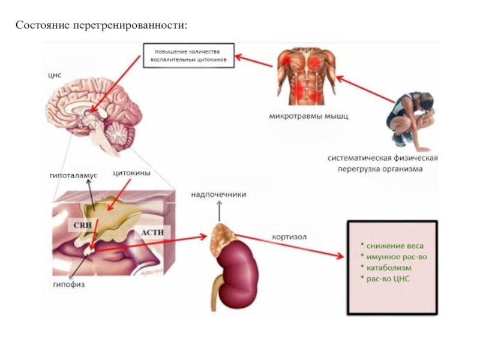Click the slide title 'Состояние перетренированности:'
pyautogui.click(x=101, y=26)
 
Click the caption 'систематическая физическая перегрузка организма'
pyautogui.click(x=383, y=164)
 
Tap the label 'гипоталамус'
pyautogui.click(x=73, y=176)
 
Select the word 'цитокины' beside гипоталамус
pyautogui.click(x=131, y=174)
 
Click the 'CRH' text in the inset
pyautogui.click(x=81, y=225)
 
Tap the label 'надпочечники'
pyautogui.click(x=218, y=194)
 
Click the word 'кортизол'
pyautogui.click(x=289, y=237)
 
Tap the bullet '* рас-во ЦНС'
pyautogui.click(x=387, y=279)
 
